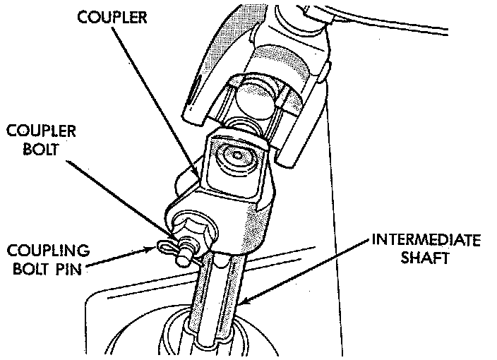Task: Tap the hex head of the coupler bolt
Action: click(191, 230)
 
